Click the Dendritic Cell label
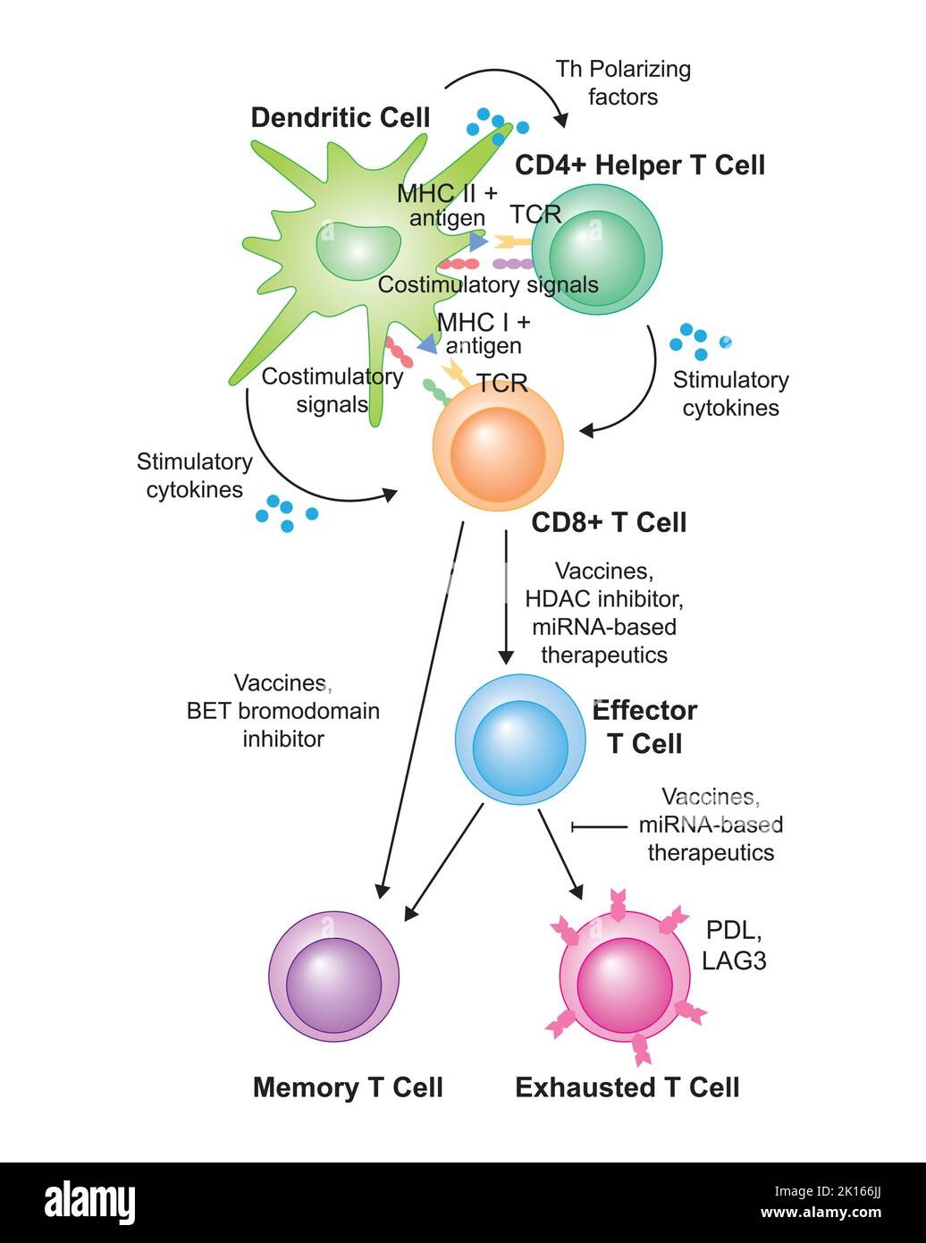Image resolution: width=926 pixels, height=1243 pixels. [341, 118]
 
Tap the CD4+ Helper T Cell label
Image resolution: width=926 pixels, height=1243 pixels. [640, 165]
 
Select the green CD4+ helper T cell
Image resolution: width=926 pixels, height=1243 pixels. [596, 249]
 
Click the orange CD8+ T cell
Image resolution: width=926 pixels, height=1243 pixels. [498, 445]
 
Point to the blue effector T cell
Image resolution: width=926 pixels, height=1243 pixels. [520, 739]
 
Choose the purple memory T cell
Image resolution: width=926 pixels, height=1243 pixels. [334, 977]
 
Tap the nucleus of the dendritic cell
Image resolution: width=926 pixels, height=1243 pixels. [358, 251]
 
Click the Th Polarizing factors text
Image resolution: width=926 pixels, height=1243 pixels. [623, 82]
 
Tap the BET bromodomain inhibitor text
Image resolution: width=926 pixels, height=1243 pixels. [283, 725]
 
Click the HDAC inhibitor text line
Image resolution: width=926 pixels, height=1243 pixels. [604, 598]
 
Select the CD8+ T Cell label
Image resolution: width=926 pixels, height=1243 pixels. [609, 522]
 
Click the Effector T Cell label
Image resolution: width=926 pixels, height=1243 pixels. [644, 726]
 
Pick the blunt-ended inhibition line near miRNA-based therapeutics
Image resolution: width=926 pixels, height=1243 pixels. [600, 827]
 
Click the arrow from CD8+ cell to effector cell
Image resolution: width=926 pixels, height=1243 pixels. [506, 596]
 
